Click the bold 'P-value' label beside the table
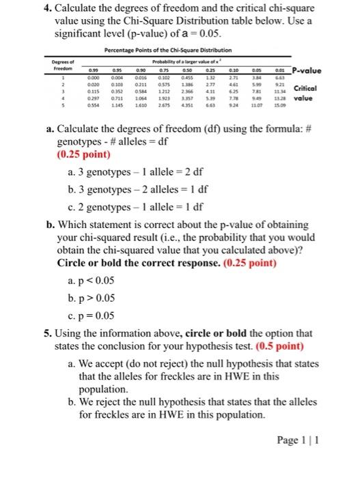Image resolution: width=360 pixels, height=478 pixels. [x=313, y=68]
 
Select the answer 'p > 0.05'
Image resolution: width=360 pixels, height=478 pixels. [x=96, y=298]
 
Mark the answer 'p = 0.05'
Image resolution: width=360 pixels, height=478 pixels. [x=96, y=315]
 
